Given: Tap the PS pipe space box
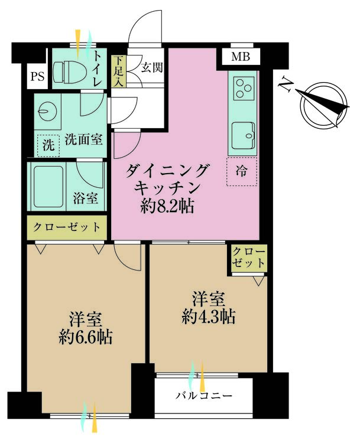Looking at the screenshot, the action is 37,76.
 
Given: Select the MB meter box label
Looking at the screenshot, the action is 241,57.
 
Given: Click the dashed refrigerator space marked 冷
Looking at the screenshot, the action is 242,171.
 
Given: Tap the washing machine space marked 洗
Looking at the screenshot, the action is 48,145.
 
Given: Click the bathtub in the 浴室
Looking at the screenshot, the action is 48,187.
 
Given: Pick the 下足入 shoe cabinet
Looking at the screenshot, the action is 119,71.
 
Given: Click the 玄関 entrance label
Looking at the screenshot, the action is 152,67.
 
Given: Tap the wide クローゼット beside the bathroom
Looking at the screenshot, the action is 67,227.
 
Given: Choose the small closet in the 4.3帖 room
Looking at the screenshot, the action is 248,258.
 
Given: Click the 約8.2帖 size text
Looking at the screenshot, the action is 167,207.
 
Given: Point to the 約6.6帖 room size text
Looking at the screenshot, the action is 86,337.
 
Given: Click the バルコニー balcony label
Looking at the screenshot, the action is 204,396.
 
